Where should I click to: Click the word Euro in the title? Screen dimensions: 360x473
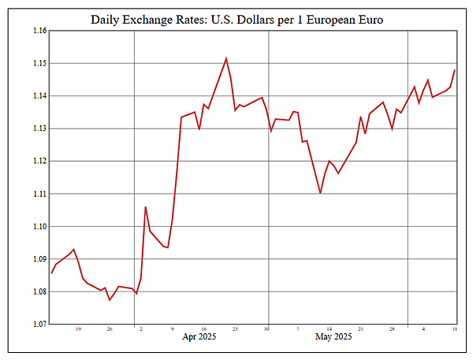click(367, 19)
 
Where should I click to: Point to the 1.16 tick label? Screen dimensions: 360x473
click(38, 31)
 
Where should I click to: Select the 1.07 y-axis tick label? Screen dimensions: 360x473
click(38, 325)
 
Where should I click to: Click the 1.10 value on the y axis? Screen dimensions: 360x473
click(38, 227)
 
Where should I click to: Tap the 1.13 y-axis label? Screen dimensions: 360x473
click(38, 128)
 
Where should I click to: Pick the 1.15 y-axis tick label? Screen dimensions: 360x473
click(38, 63)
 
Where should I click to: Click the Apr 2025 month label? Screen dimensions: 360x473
click(199, 337)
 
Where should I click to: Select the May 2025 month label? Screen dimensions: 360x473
click(333, 337)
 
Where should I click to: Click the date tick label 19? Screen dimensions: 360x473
click(78, 329)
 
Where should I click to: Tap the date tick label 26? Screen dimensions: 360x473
click(109, 329)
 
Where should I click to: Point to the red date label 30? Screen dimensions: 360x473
click(266, 329)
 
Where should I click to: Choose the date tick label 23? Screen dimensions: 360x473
click(235, 329)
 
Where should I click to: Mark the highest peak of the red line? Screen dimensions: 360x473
click(226, 58)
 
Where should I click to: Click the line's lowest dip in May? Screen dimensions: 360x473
click(320, 193)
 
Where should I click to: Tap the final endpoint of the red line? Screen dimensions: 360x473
click(455, 70)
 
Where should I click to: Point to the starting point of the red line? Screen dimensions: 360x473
click(52, 273)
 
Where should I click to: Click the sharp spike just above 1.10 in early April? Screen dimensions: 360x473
click(145, 206)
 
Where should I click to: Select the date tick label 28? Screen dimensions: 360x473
click(392, 329)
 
